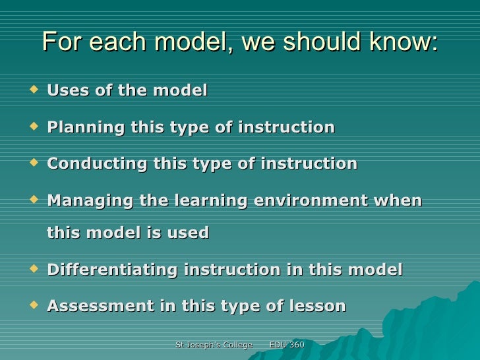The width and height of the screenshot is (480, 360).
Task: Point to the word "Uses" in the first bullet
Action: click(69, 90)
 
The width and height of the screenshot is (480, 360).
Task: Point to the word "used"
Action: click(189, 233)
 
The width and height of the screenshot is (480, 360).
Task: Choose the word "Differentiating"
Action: click(112, 270)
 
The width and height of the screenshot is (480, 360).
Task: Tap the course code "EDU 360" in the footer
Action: click(287, 345)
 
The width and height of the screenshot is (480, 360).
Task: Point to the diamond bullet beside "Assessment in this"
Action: click(35, 304)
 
